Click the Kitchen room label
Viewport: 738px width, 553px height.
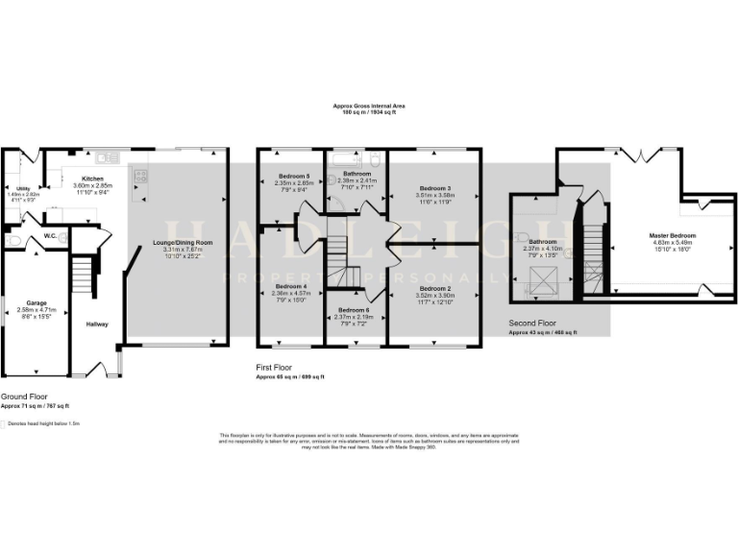(x=93, y=179)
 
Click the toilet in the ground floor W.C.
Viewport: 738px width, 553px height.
(x=62, y=236)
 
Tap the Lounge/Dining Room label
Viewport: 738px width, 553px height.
(x=183, y=243)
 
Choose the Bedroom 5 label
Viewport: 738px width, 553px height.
(x=293, y=176)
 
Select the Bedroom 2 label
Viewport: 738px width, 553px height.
(x=435, y=288)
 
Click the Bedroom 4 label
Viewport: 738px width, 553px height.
(x=291, y=286)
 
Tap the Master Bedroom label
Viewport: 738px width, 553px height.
(x=672, y=235)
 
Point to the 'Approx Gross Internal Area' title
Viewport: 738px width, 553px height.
(x=368, y=107)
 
